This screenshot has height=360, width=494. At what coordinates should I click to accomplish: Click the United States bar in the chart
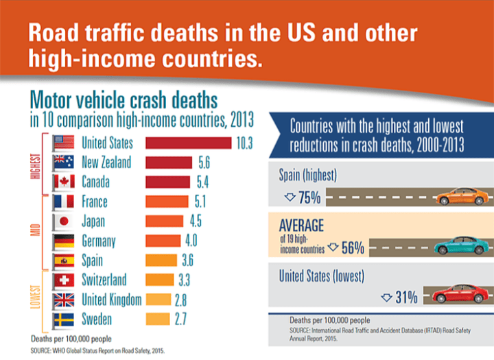tap(188, 143)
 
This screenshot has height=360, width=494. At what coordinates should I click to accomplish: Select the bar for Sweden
tap(156, 319)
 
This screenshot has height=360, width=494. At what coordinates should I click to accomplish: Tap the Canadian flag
tap(64, 182)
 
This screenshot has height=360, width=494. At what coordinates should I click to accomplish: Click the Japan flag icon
tap(64, 221)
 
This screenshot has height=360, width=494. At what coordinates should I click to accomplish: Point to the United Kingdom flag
tap(64, 300)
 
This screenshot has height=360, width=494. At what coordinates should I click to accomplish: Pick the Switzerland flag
tap(64, 280)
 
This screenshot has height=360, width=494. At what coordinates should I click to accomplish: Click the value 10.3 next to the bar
tap(245, 143)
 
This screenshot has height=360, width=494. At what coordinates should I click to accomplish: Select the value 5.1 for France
tap(199, 202)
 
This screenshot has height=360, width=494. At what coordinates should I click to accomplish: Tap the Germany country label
tap(98, 241)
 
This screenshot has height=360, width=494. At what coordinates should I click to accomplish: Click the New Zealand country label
tap(106, 163)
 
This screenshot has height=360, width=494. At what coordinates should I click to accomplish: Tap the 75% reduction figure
tap(303, 198)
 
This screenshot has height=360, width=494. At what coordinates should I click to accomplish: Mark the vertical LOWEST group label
tap(37, 299)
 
